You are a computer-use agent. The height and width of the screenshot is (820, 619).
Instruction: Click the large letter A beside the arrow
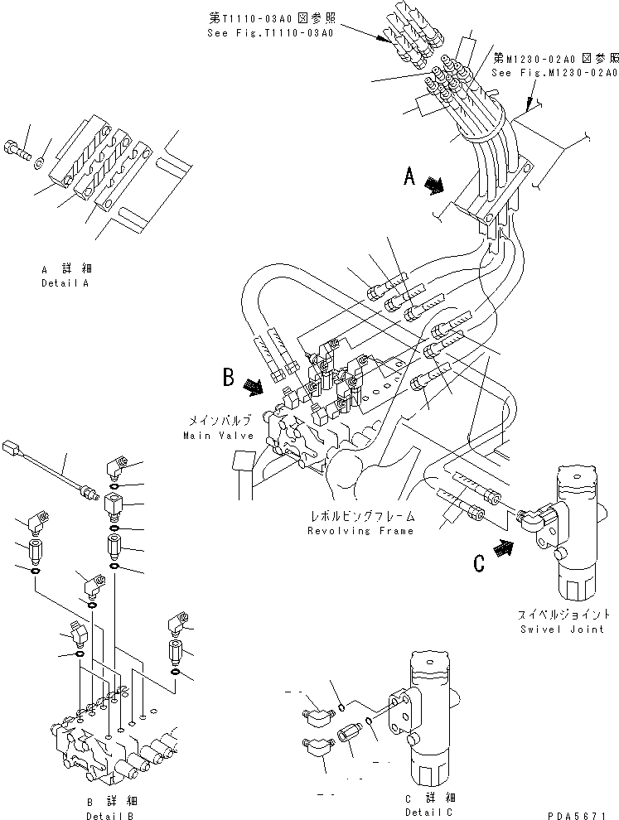[409, 176]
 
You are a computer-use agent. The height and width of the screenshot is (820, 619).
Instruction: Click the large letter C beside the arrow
[479, 563]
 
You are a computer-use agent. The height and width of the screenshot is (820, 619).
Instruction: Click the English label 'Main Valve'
[214, 435]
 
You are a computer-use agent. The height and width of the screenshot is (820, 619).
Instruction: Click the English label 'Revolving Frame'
[360, 530]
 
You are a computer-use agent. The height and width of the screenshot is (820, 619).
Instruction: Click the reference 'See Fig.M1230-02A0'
[554, 73]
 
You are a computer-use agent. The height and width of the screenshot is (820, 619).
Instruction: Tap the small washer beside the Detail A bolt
[41, 158]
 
